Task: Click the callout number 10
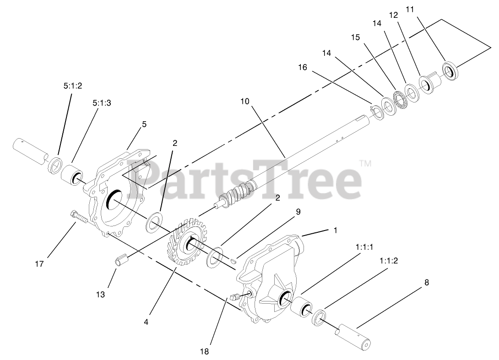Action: coord(245,101)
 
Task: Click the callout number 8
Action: coord(426,282)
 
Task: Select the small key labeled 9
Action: coord(233,262)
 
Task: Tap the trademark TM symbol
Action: coord(365,163)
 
